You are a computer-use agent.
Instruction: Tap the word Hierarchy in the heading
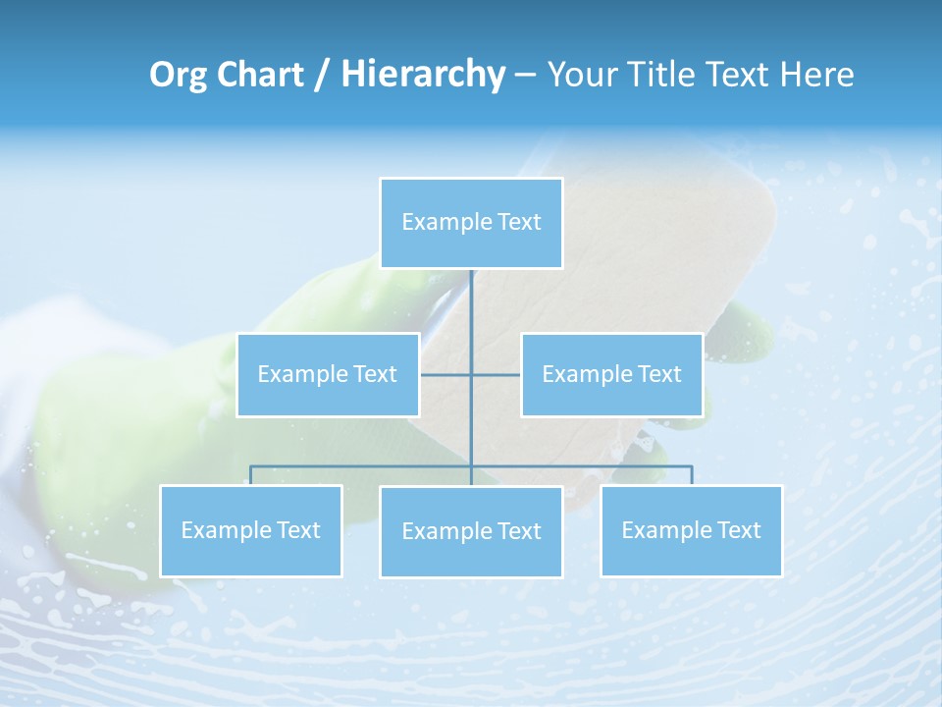pyautogui.click(x=423, y=75)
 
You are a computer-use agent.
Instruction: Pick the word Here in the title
pyautogui.click(x=817, y=75)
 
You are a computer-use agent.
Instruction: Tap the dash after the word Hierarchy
pyautogui.click(x=525, y=76)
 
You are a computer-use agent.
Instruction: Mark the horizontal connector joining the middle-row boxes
pyautogui.click(x=446, y=374)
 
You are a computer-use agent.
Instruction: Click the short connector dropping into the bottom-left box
pyautogui.click(x=251, y=475)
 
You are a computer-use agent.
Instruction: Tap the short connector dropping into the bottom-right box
pyautogui.click(x=692, y=475)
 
